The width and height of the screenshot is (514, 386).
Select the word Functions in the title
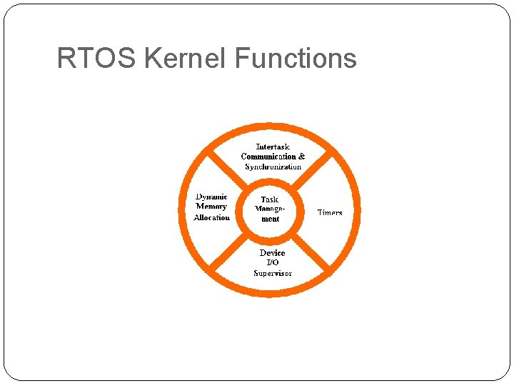(295, 58)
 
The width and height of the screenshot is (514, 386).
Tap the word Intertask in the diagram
(273, 147)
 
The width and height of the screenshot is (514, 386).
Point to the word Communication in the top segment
(268, 157)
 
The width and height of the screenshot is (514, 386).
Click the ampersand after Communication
(301, 157)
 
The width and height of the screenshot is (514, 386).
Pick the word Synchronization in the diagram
(273, 167)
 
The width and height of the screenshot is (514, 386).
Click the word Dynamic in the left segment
(211, 197)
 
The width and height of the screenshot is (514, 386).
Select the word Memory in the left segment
(211, 207)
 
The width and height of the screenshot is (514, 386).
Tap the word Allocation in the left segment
(211, 217)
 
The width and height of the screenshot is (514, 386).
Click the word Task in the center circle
(270, 199)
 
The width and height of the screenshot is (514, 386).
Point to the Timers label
(330, 213)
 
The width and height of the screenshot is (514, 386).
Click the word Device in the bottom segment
(272, 253)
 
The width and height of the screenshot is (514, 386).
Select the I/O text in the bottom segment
(272, 262)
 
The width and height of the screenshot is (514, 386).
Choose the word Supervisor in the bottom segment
(272, 273)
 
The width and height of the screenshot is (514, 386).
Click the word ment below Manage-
(270, 219)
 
